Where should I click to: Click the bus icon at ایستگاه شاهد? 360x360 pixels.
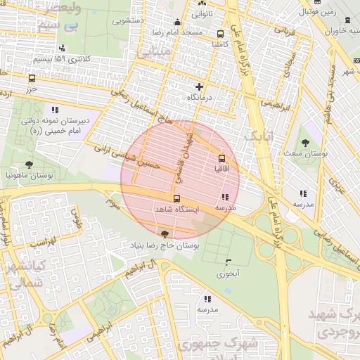coord(176,198)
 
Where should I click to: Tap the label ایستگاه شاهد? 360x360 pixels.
coord(176,210)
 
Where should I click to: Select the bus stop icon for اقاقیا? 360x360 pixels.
coord(223,159)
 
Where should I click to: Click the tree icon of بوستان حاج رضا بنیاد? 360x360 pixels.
coord(165,233)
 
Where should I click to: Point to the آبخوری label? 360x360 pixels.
coord(228,273)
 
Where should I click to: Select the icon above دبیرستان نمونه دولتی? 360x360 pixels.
coord(55,110)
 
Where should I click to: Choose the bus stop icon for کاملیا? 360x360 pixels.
coord(221,33)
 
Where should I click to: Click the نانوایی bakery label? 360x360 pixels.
coord(198,13)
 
